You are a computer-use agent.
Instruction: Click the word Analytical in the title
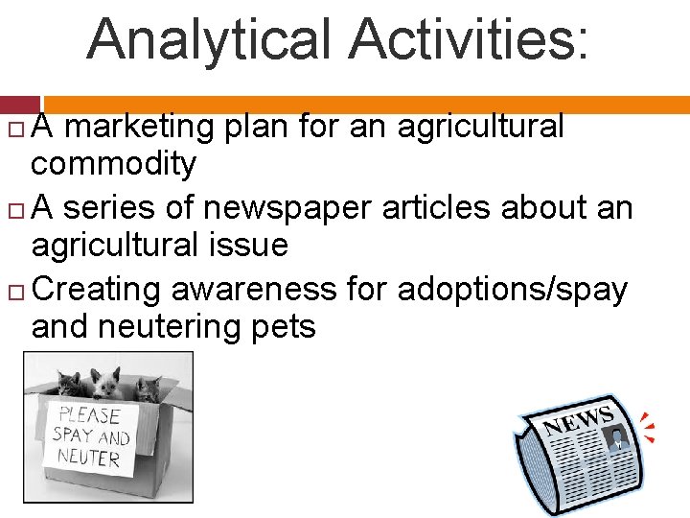point(210,39)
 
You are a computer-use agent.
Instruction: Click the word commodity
point(113,164)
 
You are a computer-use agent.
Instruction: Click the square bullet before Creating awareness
point(21,291)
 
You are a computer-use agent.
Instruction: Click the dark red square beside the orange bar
point(20,105)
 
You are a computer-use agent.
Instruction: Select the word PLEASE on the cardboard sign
point(89,415)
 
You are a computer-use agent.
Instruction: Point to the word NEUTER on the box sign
point(89,457)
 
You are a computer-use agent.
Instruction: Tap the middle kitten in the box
point(106,384)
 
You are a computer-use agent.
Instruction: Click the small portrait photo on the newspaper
point(616,438)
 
